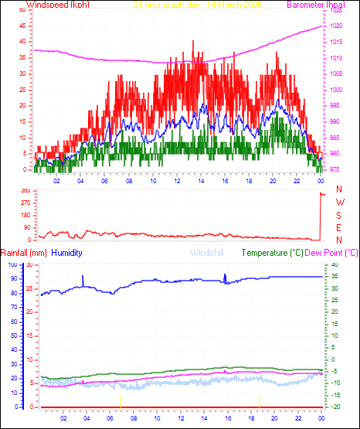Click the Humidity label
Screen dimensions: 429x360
click(x=67, y=253)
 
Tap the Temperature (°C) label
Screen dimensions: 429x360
click(x=273, y=253)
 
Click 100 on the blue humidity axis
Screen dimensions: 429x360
click(x=12, y=264)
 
